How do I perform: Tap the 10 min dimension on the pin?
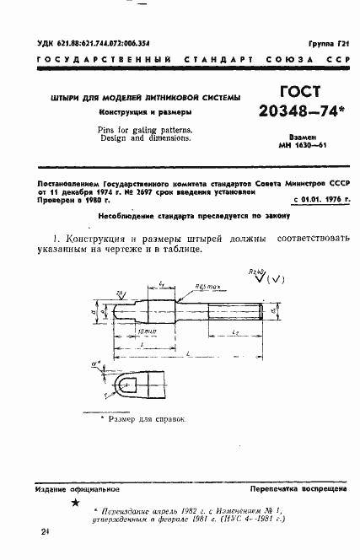154,334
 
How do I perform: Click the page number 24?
44,532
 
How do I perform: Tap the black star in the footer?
75,503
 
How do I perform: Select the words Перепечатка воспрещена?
292,488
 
